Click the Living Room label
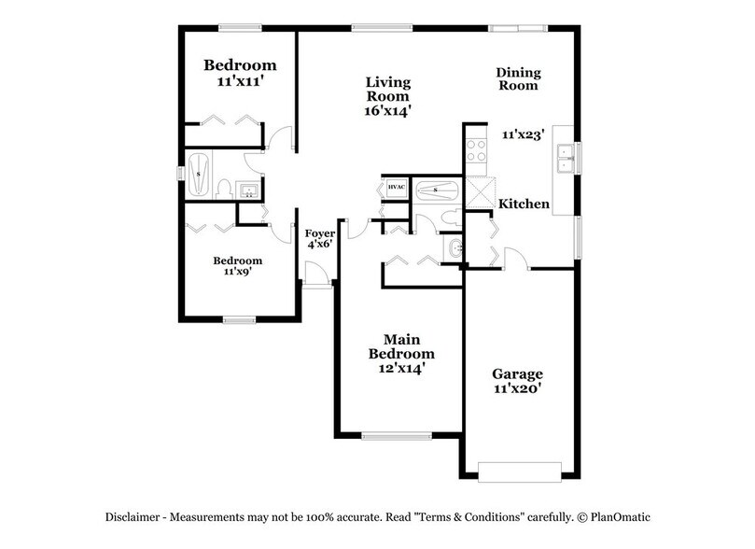[387, 88]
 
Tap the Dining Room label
[518, 78]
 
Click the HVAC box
[395, 189]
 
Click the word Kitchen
[523, 204]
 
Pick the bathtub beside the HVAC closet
[436, 190]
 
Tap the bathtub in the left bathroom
[200, 176]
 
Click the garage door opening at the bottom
[519, 472]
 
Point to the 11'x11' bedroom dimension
[240, 81]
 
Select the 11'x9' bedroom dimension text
[237, 273]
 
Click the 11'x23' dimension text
[523, 134]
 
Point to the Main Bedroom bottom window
[390, 435]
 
